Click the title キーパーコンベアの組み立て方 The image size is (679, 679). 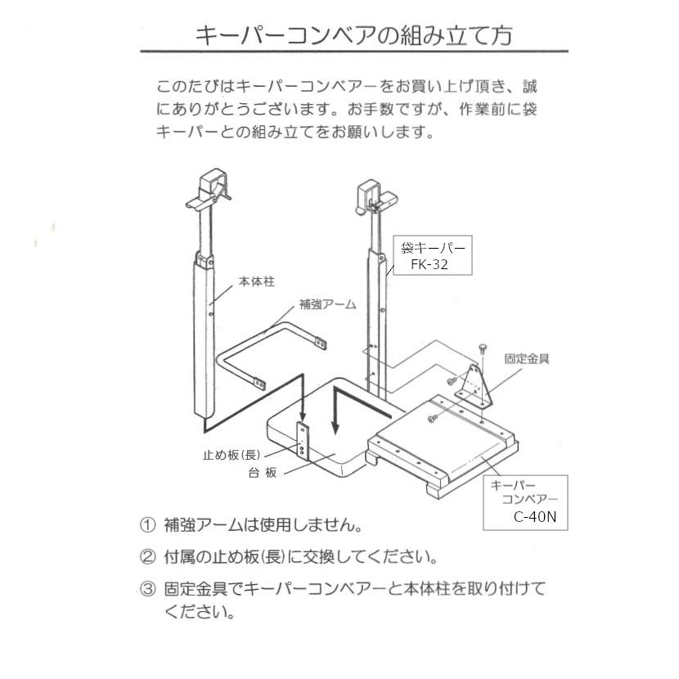coord(353,35)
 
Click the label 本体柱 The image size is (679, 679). coord(256,281)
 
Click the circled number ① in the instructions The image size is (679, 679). coord(147,524)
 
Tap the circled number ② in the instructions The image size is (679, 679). coord(147,558)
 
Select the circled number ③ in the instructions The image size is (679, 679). coord(147,588)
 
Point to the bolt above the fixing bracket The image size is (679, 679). coord(483,350)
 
